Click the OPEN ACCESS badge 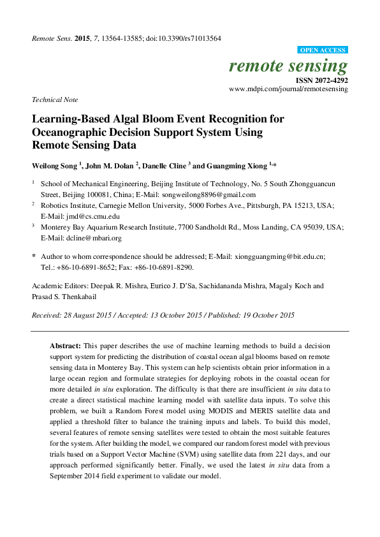(x=323, y=50)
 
